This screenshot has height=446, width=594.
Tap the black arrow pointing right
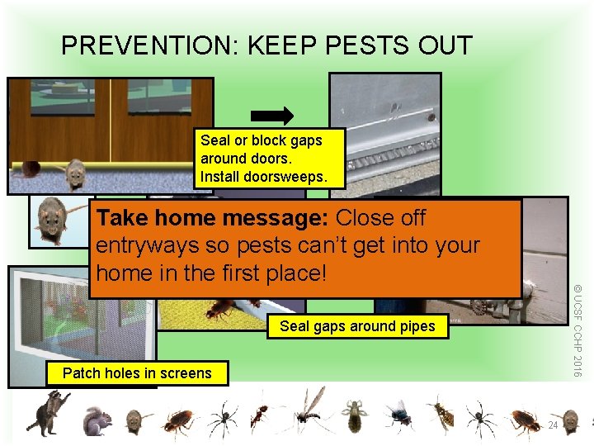coord(272,115)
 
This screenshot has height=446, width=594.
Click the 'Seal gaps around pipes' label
coord(357,326)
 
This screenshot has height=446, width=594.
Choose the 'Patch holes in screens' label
coord(137,373)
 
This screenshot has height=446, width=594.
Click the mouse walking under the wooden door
coord(75,172)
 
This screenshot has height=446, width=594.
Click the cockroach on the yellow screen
coord(221,310)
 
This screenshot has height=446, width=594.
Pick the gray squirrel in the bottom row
coord(97,420)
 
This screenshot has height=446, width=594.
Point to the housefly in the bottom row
coord(400,415)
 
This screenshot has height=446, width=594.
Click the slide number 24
coord(554,425)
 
